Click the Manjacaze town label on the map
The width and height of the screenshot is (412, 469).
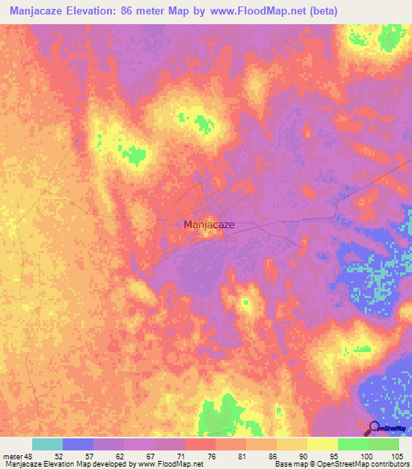click(209, 225)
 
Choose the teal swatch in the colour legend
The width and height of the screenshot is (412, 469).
click(47, 444)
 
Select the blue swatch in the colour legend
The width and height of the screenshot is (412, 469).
click(78, 444)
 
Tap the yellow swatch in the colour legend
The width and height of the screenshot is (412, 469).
click(323, 444)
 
